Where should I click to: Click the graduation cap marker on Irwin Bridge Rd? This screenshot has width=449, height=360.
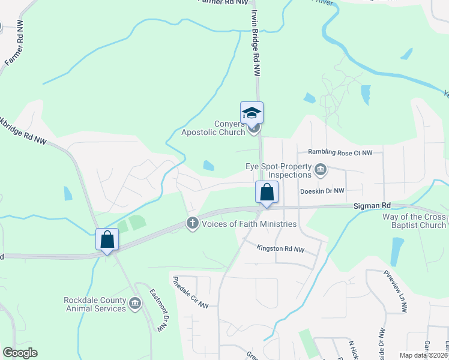tap(252, 113)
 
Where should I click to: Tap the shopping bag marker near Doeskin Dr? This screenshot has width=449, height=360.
tap(267, 193)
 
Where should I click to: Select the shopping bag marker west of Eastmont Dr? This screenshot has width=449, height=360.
tap(107, 239)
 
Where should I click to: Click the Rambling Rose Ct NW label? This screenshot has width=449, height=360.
tap(340, 153)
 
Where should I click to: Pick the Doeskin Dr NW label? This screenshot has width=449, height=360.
tap(322, 191)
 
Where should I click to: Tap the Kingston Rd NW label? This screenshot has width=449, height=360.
tap(280, 248)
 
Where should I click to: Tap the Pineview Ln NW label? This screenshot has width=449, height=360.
tap(395, 291)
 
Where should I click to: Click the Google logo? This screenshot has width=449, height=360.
tap(19, 353)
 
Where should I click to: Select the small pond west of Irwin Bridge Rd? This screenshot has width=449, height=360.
tap(208, 165)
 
